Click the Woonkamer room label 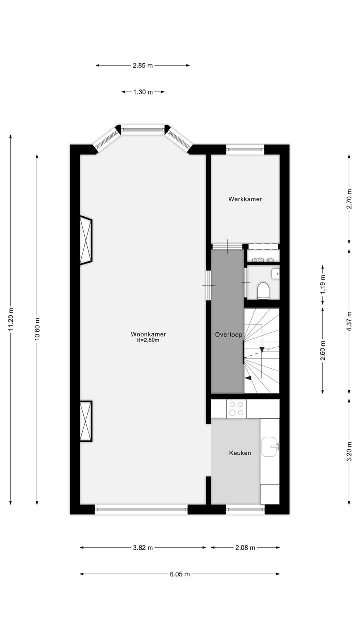[148, 334]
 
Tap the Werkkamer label [245, 199]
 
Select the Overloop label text [228, 334]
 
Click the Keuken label [240, 453]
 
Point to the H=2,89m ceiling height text [148, 341]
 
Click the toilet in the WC [263, 290]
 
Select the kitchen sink [270, 443]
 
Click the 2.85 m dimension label [143, 65]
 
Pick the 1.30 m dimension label [143, 92]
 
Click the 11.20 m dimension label [11, 319]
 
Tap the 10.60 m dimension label [37, 329]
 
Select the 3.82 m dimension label [143, 548]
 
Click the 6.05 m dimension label [180, 574]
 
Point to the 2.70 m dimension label [349, 198]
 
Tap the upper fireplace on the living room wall [86, 240]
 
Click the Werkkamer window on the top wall [245, 149]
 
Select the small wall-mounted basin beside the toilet [276, 274]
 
